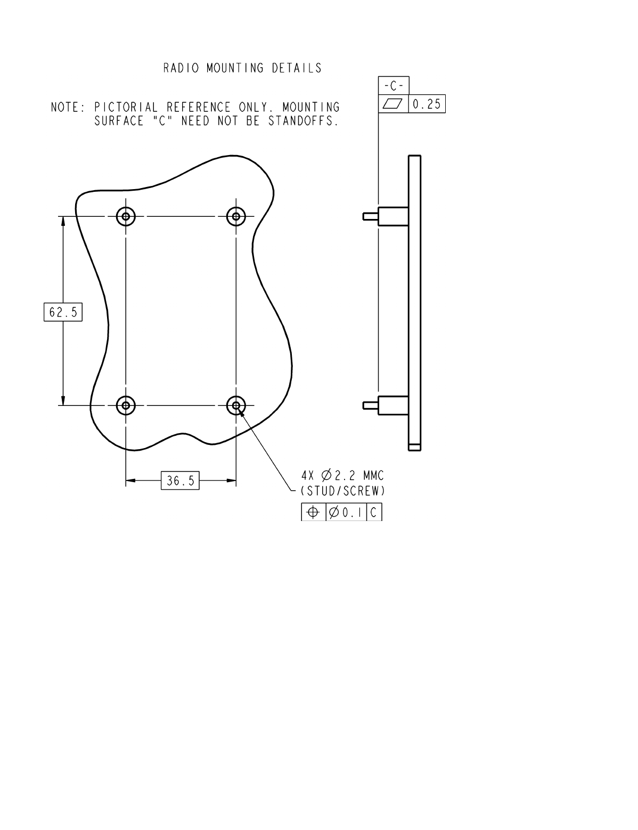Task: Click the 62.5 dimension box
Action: [63, 312]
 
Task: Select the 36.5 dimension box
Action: [180, 481]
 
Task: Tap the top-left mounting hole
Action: [126, 217]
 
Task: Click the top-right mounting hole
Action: [236, 217]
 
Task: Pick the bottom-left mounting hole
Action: [126, 405]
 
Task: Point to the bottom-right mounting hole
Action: [236, 405]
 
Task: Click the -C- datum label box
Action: [394, 86]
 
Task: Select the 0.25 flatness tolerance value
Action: [427, 104]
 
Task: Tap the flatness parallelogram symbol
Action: [393, 103]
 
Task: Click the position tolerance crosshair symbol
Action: [313, 512]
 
